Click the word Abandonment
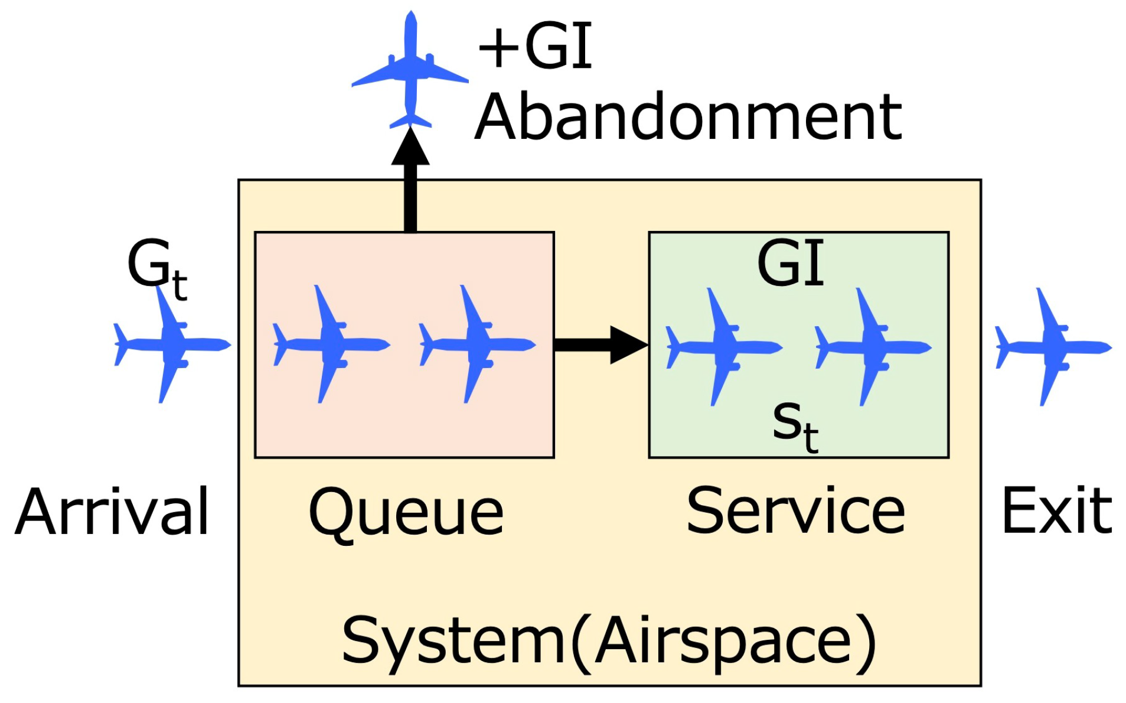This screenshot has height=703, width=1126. tap(688, 118)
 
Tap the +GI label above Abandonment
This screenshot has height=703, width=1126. tap(534, 47)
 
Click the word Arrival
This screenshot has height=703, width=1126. tap(112, 512)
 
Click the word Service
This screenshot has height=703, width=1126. tap(795, 510)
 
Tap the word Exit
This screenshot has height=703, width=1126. tap(1056, 510)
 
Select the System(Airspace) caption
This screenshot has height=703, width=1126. tap(608, 641)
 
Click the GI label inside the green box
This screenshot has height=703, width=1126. tap(791, 264)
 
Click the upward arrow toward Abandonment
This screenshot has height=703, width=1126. tap(410, 183)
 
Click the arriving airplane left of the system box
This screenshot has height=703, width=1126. tap(171, 344)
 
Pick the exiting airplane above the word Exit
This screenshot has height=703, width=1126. tap(1052, 347)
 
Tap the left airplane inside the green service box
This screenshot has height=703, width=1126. tap(723, 347)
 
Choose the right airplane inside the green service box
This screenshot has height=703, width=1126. tap(872, 347)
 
